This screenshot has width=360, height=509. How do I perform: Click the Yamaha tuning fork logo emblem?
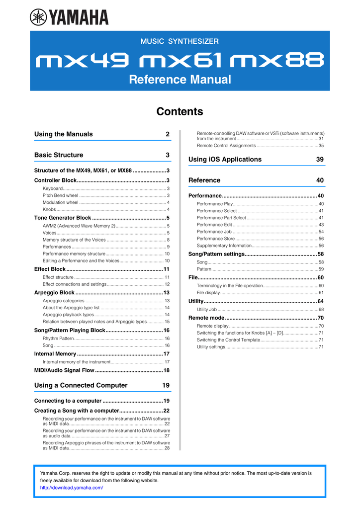(38, 17)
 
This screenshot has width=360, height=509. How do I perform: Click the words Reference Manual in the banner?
(180, 80)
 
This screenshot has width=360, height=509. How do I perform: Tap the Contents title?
(180, 112)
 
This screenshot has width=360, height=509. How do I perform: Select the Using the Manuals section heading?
(63, 134)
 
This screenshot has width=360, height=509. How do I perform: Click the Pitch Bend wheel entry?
(60, 195)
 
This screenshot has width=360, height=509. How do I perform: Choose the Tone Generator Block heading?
(63, 218)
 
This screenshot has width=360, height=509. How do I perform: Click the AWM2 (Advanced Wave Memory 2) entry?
(79, 226)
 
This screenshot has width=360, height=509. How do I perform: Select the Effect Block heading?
(50, 269)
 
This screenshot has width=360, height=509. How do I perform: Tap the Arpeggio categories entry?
(64, 301)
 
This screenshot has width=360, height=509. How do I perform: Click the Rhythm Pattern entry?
(58, 338)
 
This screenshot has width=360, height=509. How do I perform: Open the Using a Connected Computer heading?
(81, 385)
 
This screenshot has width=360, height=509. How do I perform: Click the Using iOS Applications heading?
(225, 160)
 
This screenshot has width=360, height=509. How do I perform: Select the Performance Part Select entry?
(221, 218)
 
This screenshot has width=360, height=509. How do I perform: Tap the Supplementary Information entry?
(224, 246)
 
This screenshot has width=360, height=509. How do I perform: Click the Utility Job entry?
(206, 309)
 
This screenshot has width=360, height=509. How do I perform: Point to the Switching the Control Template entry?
(228, 339)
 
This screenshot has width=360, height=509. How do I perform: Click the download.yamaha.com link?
(71, 488)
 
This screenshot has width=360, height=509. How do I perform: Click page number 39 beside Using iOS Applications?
(320, 160)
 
